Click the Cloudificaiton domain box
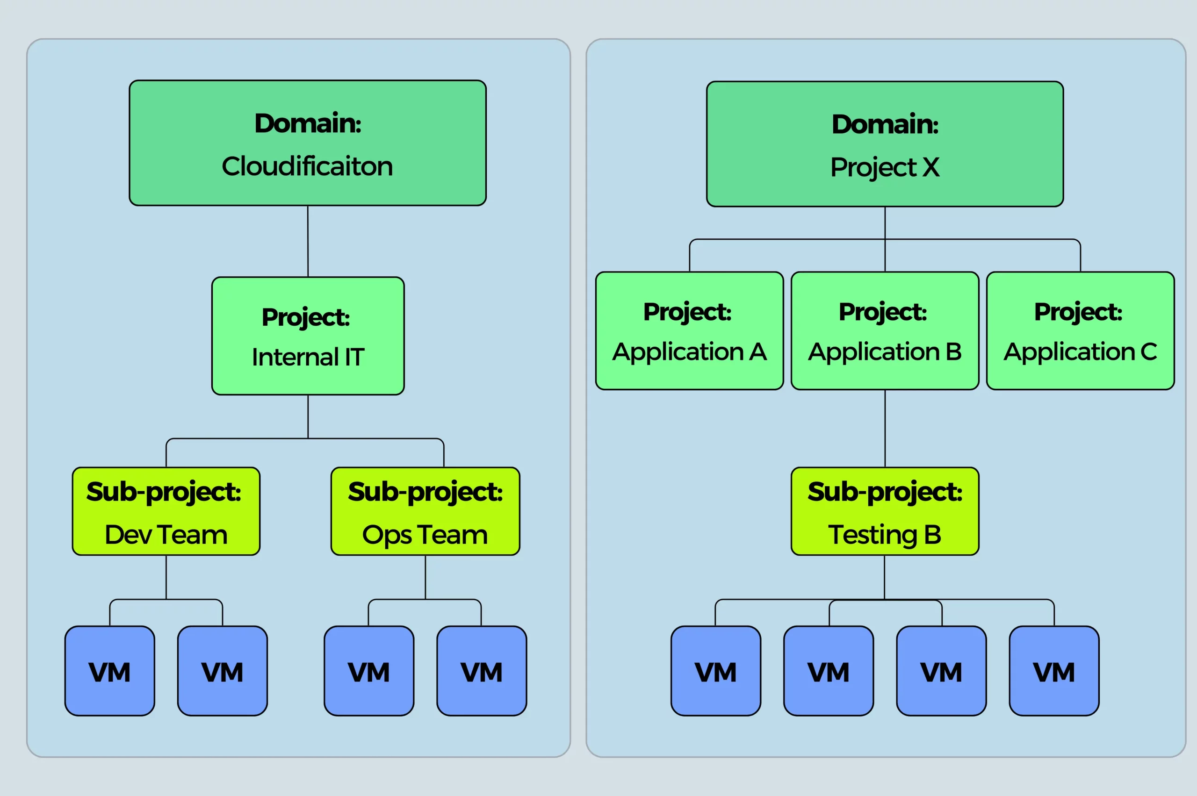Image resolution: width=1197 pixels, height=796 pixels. tap(308, 143)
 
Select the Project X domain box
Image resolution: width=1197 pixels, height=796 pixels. tap(885, 143)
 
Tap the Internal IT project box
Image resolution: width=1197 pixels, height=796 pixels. tap(308, 336)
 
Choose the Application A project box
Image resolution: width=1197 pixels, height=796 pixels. tap(689, 331)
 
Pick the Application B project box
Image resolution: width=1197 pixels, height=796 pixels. tap(885, 331)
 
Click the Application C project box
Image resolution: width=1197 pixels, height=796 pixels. tap(1080, 331)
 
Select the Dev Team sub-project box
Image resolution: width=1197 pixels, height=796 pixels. tap(166, 511)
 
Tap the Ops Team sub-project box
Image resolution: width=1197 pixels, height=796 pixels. tap(425, 511)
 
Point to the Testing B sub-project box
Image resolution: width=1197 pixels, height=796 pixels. tap(885, 511)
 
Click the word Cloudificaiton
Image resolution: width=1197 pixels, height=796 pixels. tap(307, 166)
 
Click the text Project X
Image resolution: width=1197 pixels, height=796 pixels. tap(885, 167)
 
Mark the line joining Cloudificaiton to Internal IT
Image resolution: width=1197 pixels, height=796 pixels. tap(308, 241)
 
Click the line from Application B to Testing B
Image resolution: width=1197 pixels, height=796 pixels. tap(885, 429)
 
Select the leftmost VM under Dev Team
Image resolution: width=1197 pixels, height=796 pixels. tap(110, 671)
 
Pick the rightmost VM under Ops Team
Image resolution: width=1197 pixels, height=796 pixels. tap(482, 671)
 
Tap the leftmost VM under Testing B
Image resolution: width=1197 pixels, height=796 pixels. tap(715, 671)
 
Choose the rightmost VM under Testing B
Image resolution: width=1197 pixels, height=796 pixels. tap(1054, 671)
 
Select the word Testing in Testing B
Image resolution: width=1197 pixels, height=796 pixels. tap(873, 536)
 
